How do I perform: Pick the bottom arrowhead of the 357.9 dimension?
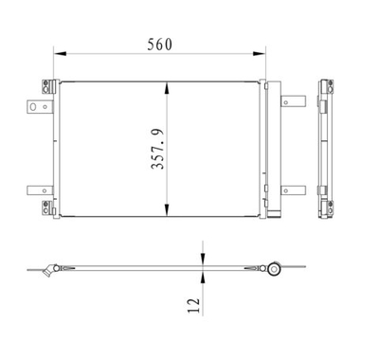pos(169,213)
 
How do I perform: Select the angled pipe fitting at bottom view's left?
pos(44,272)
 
